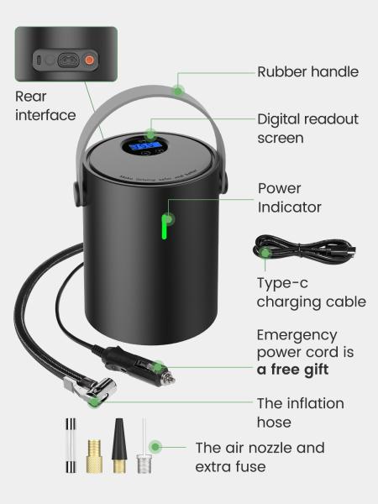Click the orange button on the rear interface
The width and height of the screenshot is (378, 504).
89,60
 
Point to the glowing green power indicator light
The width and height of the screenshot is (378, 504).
165,227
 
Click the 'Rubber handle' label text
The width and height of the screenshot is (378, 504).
308,71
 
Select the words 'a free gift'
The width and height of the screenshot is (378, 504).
293,370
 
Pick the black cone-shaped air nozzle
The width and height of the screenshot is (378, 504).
119,445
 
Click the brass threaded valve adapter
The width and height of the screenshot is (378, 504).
94,456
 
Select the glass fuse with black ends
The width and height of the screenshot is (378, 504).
71,445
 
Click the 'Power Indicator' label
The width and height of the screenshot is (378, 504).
289,197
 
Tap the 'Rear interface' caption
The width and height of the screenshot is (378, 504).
45,106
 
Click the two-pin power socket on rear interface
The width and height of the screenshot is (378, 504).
69,60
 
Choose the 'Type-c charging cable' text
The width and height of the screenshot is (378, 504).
311,292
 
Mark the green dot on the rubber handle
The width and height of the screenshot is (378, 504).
178,91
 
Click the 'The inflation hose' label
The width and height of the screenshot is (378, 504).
300,412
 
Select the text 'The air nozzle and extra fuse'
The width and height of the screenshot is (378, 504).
260,457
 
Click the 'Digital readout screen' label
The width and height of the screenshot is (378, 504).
307,129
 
